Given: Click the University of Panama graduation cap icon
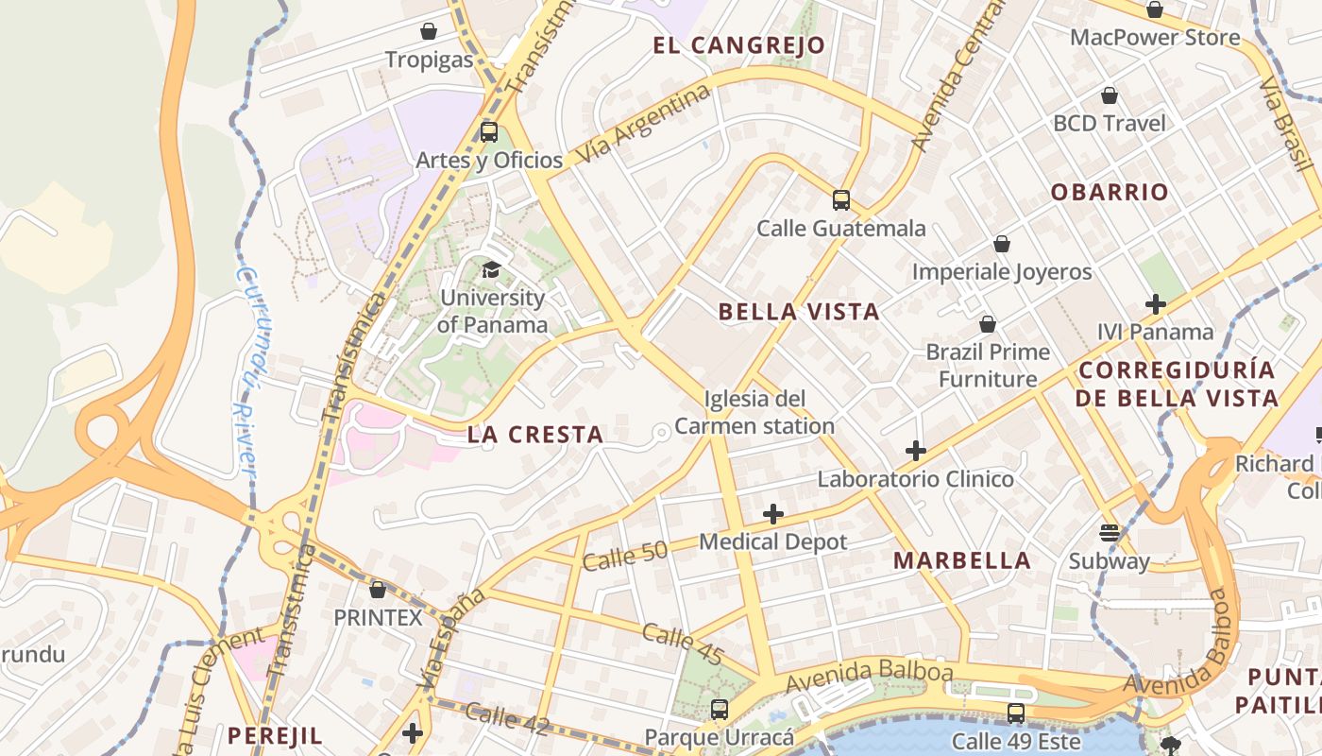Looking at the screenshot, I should [x=490, y=270].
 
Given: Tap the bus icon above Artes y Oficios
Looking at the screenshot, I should [x=488, y=132].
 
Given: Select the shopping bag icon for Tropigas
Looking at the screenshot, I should [x=429, y=31].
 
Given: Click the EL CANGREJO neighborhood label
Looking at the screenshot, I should [x=739, y=45].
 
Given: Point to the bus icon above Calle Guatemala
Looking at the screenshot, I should [x=841, y=200].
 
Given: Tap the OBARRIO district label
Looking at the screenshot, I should [x=1110, y=192].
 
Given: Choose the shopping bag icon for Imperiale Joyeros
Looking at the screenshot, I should [x=1002, y=245].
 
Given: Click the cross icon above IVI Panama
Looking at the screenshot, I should [x=1155, y=304].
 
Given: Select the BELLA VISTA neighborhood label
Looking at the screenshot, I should [x=799, y=312].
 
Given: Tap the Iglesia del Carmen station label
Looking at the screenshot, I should [x=754, y=412].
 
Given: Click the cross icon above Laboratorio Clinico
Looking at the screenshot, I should [x=915, y=451].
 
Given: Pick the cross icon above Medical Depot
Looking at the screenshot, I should [x=773, y=514].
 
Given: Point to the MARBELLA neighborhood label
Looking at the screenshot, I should [x=962, y=560].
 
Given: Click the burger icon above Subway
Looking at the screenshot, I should [x=1110, y=533].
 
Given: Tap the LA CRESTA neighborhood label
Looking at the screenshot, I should [x=535, y=435].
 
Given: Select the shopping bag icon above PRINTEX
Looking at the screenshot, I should [x=378, y=590].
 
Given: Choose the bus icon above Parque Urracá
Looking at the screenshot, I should [x=720, y=709].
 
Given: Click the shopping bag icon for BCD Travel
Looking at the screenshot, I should [x=1110, y=95].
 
